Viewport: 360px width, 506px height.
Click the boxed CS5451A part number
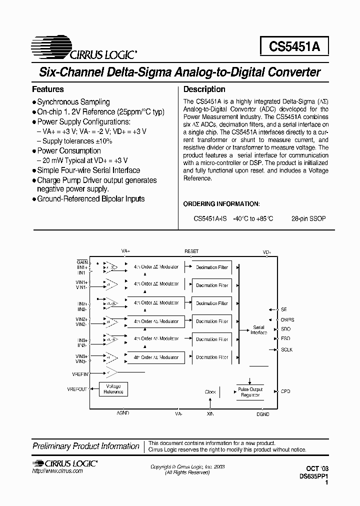[x=294, y=46]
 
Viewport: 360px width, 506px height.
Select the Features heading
[x=48, y=89]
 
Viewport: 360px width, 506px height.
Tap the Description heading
[x=204, y=89]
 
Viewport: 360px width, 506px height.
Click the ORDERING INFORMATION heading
[x=221, y=204]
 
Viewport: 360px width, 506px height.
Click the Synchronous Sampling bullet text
[x=73, y=102]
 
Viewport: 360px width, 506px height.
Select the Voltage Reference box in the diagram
[x=113, y=389]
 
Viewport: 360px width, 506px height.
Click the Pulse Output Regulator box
[x=250, y=392]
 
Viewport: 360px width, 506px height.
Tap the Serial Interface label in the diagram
[x=258, y=330]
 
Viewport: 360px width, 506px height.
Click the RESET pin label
[x=191, y=251]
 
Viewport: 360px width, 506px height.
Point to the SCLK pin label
[x=286, y=349]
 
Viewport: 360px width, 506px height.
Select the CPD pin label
[x=285, y=391]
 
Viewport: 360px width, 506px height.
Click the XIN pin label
[x=210, y=414]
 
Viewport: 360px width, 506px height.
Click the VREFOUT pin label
[x=77, y=389]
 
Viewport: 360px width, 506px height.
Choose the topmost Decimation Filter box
[x=212, y=267]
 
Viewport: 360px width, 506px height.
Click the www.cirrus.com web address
[x=57, y=471]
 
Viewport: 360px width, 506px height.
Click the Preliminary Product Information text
[x=86, y=446]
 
